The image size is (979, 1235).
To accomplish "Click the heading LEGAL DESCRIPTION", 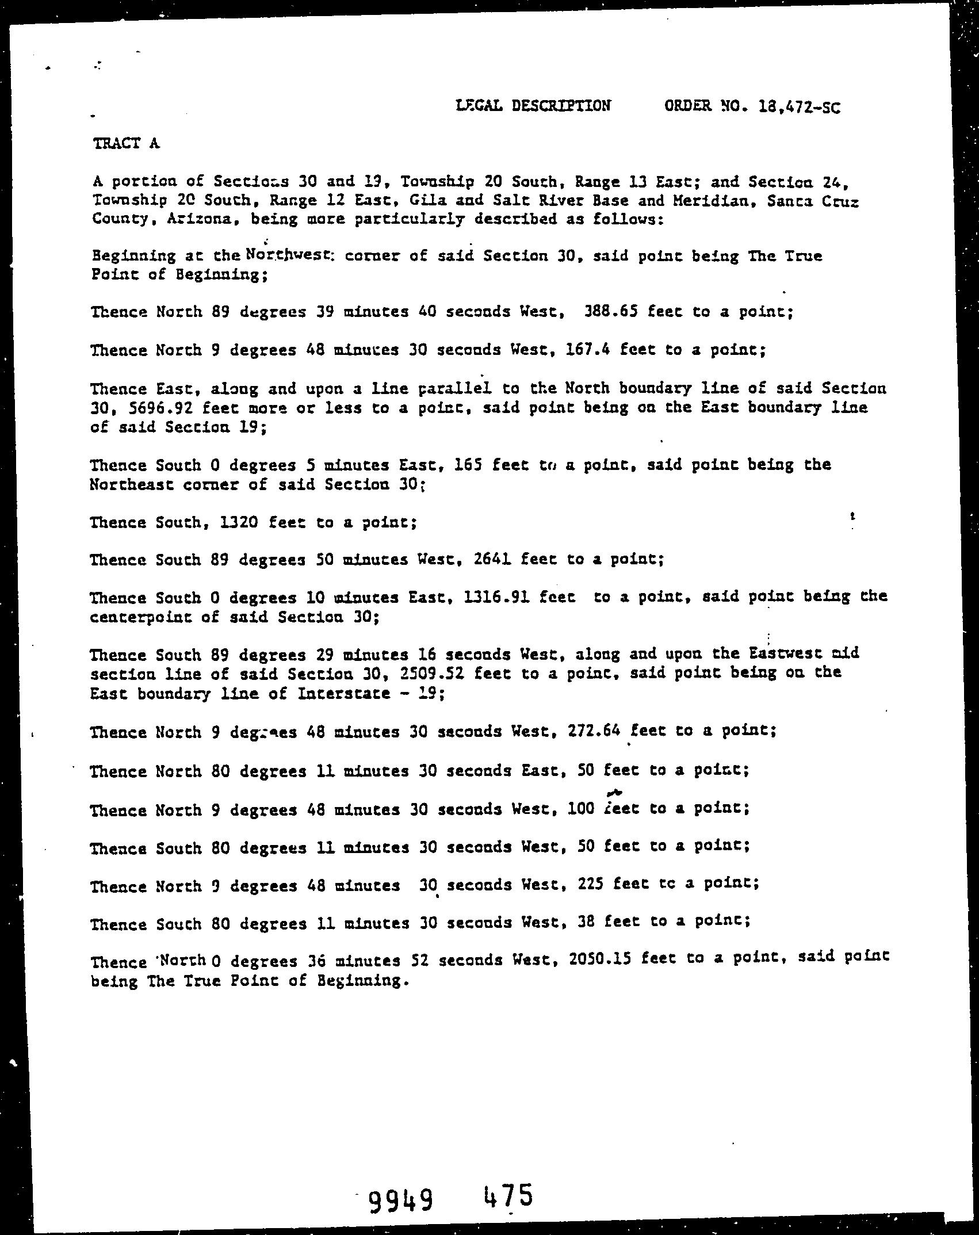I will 533,105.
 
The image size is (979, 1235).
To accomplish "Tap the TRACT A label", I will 125,143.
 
